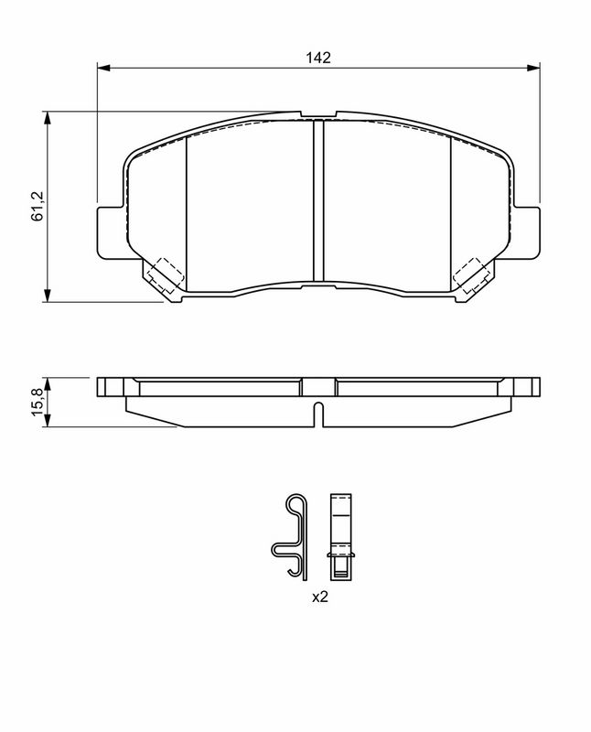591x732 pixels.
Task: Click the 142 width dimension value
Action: click(x=317, y=57)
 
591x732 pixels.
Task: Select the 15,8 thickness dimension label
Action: click(x=38, y=401)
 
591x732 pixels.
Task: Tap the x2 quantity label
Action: click(x=320, y=597)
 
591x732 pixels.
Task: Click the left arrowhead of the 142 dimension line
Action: click(x=102, y=68)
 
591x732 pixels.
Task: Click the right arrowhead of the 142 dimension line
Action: click(x=532, y=68)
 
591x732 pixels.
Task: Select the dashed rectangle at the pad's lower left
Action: click(x=166, y=275)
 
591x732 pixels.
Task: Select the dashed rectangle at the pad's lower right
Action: click(x=472, y=275)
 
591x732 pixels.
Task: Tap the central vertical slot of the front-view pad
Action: click(x=318, y=201)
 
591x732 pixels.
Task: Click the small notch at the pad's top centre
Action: click(x=318, y=116)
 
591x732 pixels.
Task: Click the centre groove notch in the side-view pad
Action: click(x=318, y=413)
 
